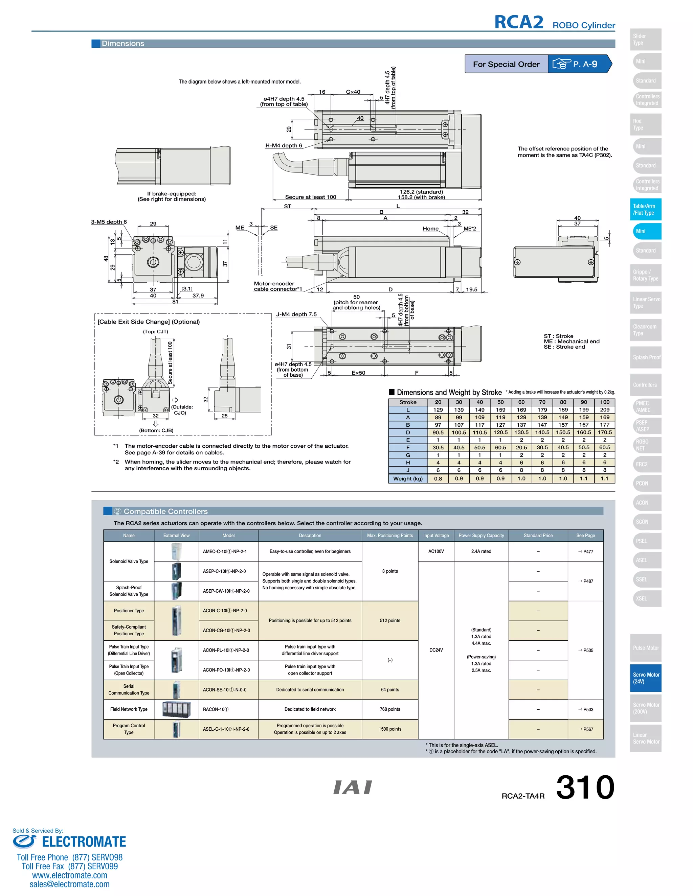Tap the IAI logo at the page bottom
[x=353, y=787]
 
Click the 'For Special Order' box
[x=506, y=64]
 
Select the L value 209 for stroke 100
[x=604, y=409]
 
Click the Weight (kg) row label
[x=408, y=478]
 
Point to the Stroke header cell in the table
[x=408, y=402]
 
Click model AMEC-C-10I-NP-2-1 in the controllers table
[x=225, y=551]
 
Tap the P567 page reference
[x=586, y=729]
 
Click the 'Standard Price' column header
[x=538, y=535]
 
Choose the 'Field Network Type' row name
[x=129, y=709]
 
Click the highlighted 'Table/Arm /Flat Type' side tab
[x=645, y=209]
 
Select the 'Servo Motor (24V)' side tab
[x=645, y=678]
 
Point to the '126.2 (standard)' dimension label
[x=421, y=192]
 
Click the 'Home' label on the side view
[x=431, y=229]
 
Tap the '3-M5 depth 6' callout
[x=109, y=222]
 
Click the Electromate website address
[x=69, y=875]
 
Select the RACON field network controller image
[x=176, y=709]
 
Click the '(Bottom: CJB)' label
[x=156, y=430]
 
